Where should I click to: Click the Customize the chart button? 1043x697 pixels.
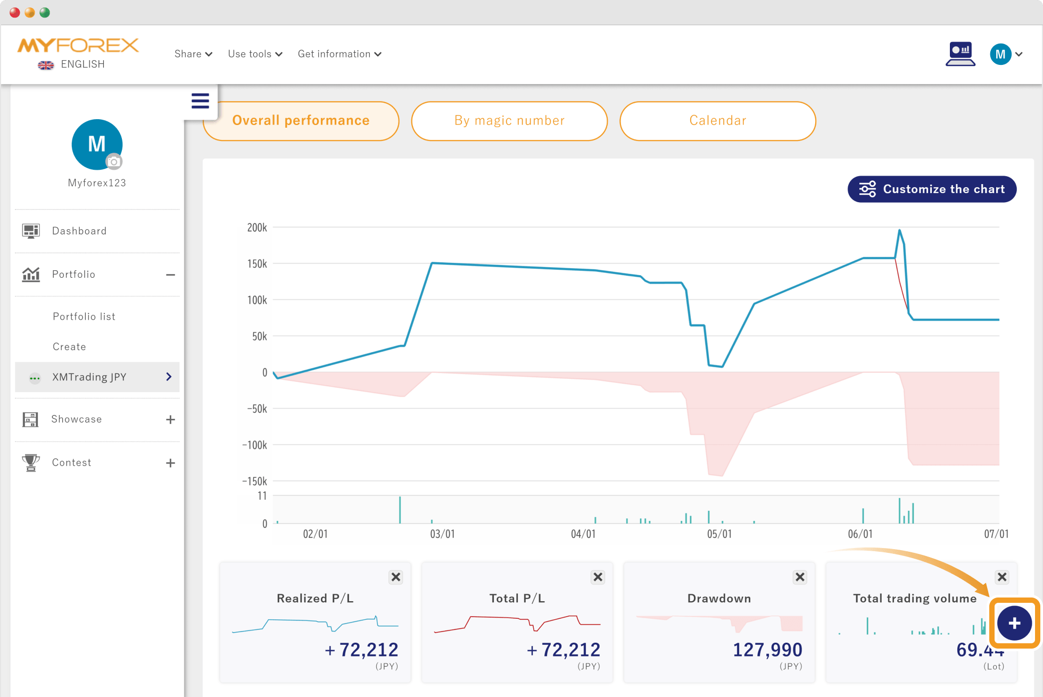[932, 189]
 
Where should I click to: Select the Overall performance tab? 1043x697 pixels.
[301, 121]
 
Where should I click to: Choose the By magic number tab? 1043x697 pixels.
[509, 121]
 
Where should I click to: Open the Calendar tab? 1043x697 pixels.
[718, 121]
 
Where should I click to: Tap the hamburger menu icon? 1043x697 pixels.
[200, 101]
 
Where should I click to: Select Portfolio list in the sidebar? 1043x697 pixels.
[84, 317]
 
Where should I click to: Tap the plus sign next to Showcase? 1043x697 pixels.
[170, 420]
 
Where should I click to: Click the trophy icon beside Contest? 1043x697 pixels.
[31, 462]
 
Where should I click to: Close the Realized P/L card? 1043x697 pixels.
[396, 577]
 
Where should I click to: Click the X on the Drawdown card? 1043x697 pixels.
[800, 577]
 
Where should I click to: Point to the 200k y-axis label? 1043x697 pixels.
[257, 228]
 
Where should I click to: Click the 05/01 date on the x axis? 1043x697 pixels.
[719, 534]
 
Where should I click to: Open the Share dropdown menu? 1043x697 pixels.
[193, 54]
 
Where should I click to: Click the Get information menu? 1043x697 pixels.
[340, 54]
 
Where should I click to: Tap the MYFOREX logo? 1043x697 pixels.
[78, 46]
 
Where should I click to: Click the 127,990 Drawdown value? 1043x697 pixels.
[767, 650]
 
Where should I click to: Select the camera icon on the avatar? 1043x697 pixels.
[113, 161]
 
